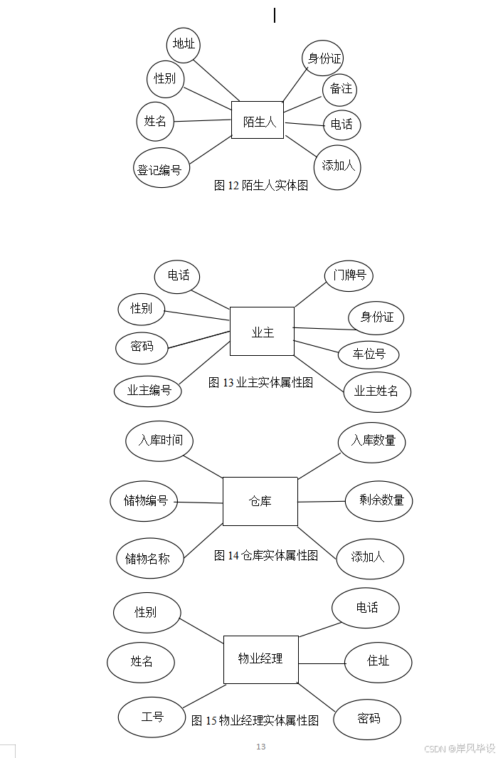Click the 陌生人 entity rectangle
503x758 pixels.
click(258, 120)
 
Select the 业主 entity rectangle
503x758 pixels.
click(262, 332)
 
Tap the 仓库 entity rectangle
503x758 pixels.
click(260, 501)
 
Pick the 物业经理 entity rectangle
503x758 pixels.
click(260, 659)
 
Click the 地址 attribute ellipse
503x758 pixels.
click(184, 44)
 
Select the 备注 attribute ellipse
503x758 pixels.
click(339, 89)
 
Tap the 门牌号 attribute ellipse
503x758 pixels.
click(349, 275)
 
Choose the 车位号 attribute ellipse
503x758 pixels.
click(368, 354)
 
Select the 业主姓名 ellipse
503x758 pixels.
click(376, 391)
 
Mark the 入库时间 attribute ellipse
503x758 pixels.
click(160, 441)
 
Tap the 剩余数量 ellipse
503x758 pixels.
click(378, 500)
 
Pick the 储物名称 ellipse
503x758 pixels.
click(149, 558)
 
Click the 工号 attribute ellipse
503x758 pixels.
click(152, 717)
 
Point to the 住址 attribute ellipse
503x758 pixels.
click(378, 661)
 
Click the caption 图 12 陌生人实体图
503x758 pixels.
click(261, 186)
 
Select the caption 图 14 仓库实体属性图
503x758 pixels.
click(265, 556)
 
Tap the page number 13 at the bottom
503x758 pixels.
click(261, 747)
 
